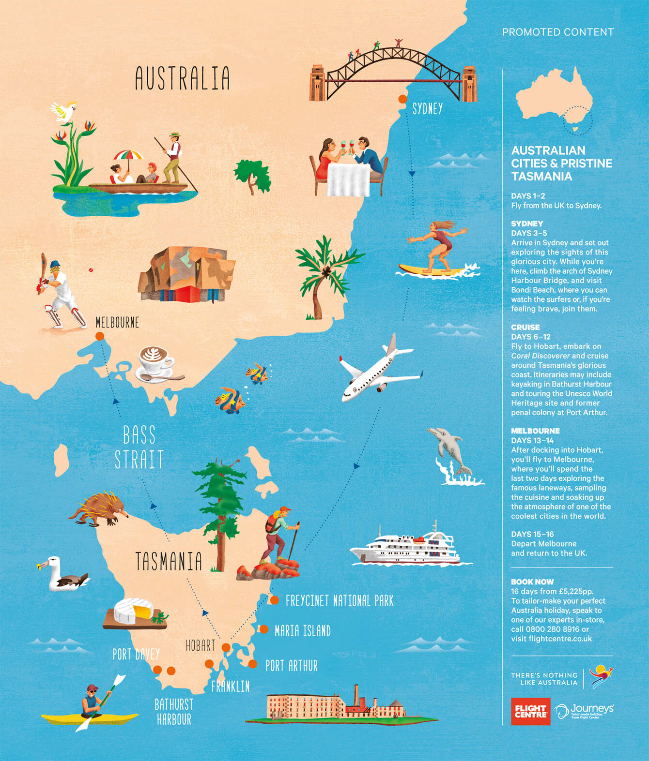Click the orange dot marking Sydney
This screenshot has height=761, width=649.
(402, 99)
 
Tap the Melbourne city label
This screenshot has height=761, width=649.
(117, 323)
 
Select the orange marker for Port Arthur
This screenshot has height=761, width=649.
(252, 664)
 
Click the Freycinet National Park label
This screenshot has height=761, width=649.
(339, 601)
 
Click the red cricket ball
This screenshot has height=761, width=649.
(91, 270)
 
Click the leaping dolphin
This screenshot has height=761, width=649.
(450, 450)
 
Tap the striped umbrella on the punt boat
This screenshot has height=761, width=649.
(129, 155)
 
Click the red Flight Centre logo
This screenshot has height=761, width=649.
(530, 711)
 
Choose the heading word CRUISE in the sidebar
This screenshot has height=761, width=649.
(525, 327)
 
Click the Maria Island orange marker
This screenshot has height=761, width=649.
(264, 629)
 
